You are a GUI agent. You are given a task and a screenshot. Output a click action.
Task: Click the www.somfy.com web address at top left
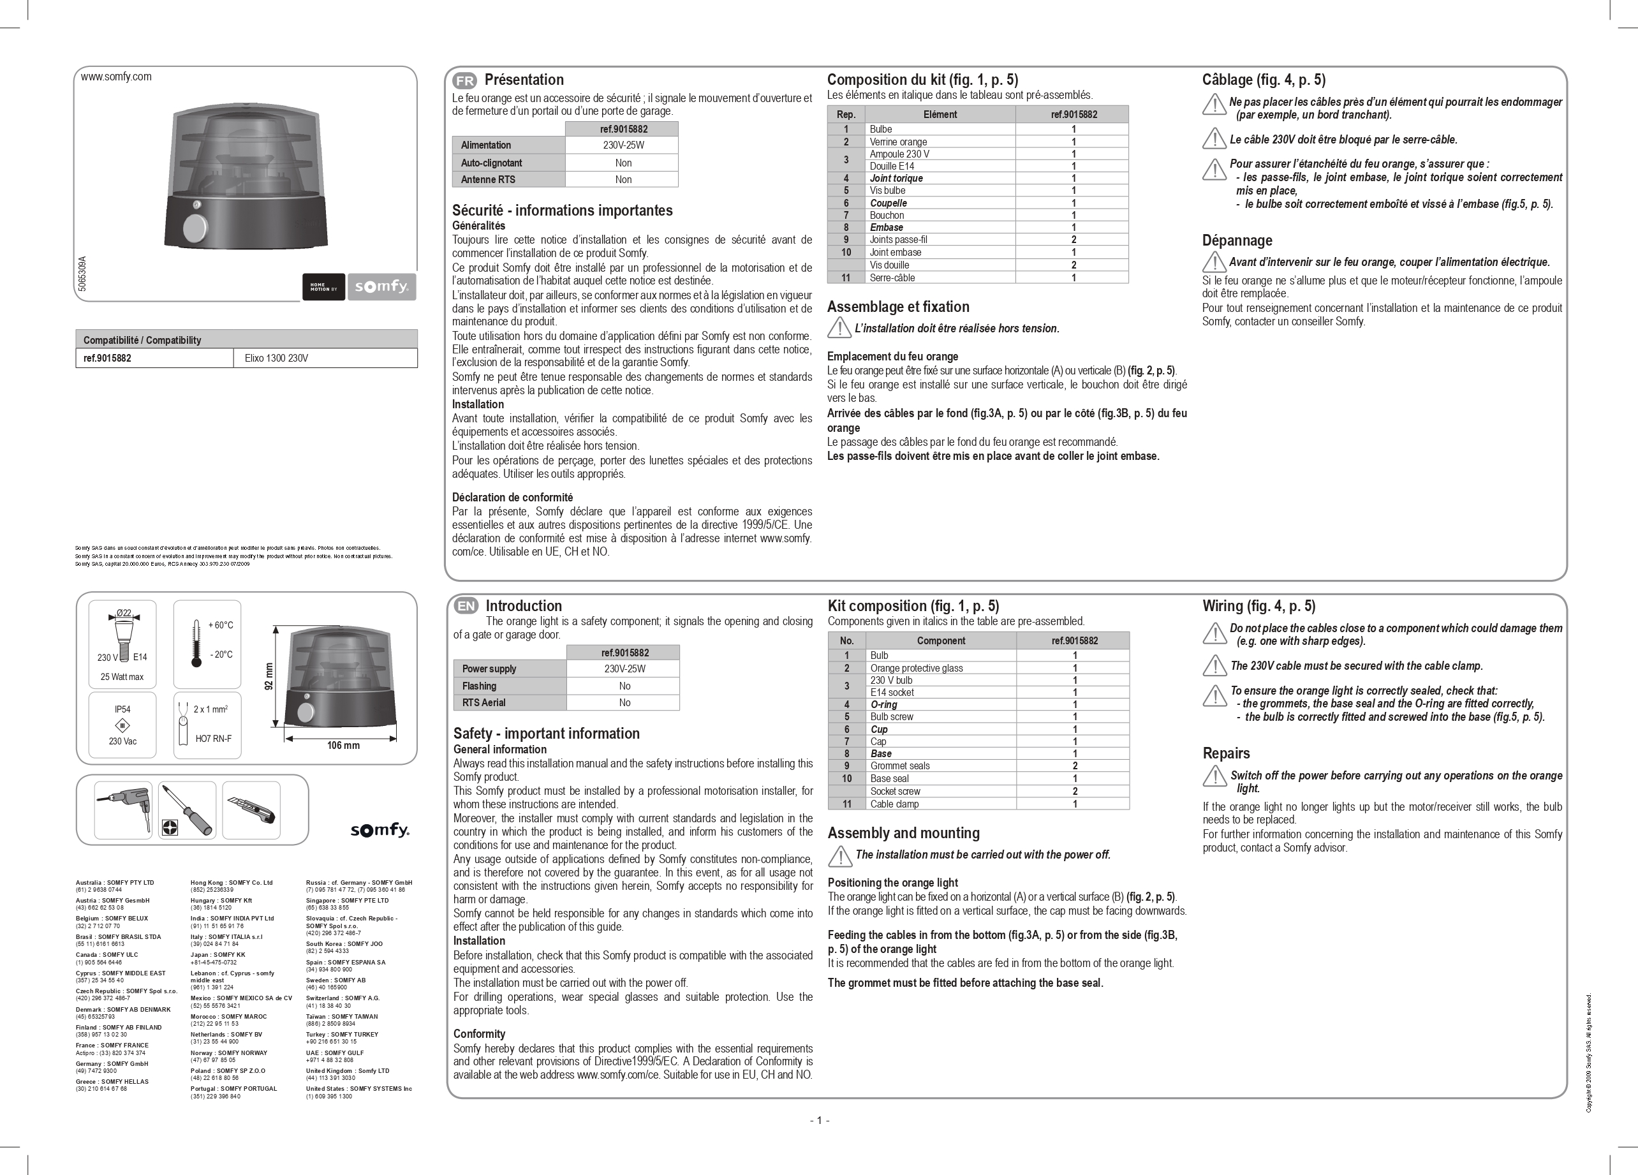116,77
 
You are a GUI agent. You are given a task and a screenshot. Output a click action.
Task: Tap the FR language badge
464,81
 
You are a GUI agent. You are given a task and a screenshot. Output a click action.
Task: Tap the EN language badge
466,607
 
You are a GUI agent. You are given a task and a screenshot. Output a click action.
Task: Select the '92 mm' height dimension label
269,676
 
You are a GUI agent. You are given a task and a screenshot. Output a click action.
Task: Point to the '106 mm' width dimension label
343,745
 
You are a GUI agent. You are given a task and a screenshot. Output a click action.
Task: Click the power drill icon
122,809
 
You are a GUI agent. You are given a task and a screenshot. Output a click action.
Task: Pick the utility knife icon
251,809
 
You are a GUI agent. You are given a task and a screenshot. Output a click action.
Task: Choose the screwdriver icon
188,809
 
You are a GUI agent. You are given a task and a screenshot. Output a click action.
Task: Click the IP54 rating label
122,709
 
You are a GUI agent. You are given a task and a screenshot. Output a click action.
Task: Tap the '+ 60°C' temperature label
220,625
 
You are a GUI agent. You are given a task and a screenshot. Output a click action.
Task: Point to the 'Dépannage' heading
1237,240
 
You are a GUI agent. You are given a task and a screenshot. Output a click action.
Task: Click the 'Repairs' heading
1225,753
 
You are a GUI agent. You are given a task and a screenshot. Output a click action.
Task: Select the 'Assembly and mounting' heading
903,832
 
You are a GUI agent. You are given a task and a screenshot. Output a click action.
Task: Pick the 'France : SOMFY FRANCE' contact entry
112,1045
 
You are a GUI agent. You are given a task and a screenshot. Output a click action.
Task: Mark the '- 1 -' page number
819,1120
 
